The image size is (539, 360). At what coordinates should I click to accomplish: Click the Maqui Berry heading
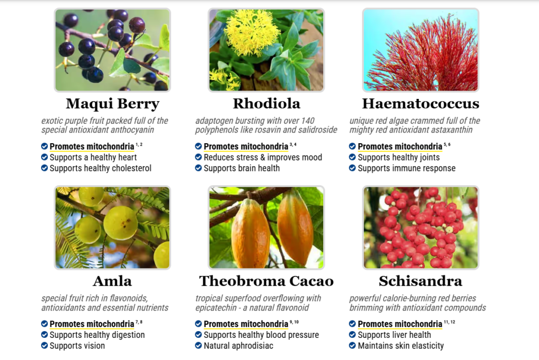click(113, 104)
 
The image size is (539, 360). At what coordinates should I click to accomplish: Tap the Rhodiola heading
click(266, 104)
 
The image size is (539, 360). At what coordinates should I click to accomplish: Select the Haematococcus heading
click(421, 104)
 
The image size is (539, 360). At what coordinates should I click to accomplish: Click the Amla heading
click(113, 281)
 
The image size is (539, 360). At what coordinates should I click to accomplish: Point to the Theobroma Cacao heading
click(266, 281)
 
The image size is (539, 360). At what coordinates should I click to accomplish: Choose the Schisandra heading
click(421, 281)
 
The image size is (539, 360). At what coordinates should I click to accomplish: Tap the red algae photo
click(421, 50)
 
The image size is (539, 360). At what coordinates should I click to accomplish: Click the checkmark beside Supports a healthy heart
click(44, 157)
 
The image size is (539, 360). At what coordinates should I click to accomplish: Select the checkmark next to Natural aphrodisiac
click(198, 345)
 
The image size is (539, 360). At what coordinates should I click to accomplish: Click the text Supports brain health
click(242, 168)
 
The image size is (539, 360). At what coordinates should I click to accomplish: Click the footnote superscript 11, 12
click(450, 322)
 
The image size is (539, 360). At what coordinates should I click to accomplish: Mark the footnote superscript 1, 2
click(139, 144)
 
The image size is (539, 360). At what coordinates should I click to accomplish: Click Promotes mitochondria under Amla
click(92, 324)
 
